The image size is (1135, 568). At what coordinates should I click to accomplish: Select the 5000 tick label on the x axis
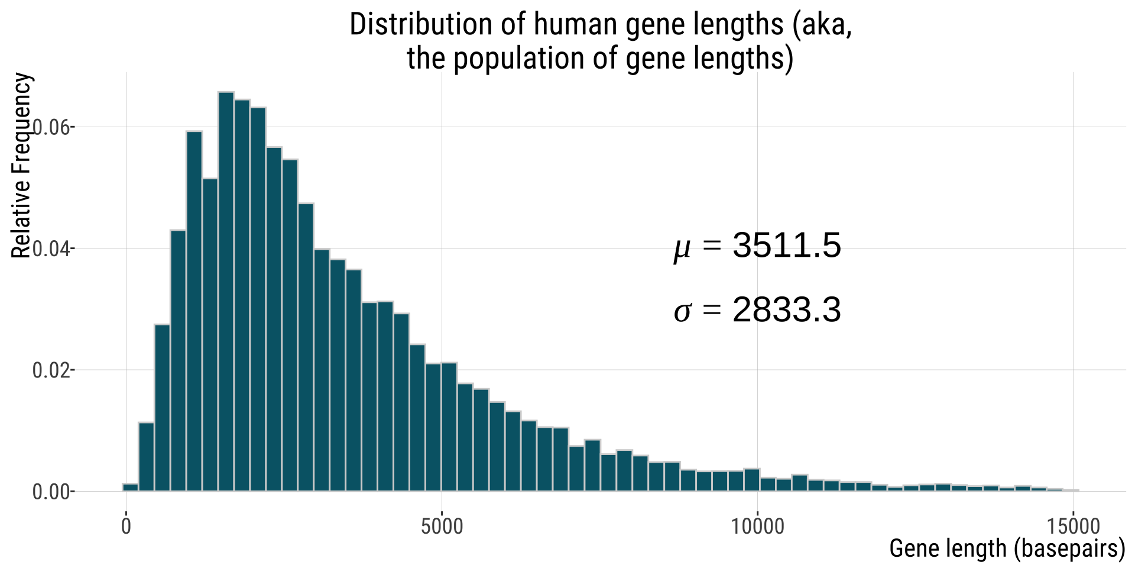click(442, 526)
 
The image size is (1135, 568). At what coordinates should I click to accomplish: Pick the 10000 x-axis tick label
click(757, 526)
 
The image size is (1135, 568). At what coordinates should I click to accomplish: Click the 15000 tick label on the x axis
click(1073, 526)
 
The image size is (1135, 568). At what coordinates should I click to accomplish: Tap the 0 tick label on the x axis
click(126, 526)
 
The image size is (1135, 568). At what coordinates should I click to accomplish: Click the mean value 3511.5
click(786, 246)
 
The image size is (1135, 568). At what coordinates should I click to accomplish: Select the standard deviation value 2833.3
click(786, 309)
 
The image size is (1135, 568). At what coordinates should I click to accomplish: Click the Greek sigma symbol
click(682, 311)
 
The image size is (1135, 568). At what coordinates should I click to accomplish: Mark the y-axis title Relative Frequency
click(21, 166)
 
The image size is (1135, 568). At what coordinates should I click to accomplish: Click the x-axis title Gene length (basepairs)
click(1007, 548)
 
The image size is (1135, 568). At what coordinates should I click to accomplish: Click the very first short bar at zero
click(130, 487)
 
